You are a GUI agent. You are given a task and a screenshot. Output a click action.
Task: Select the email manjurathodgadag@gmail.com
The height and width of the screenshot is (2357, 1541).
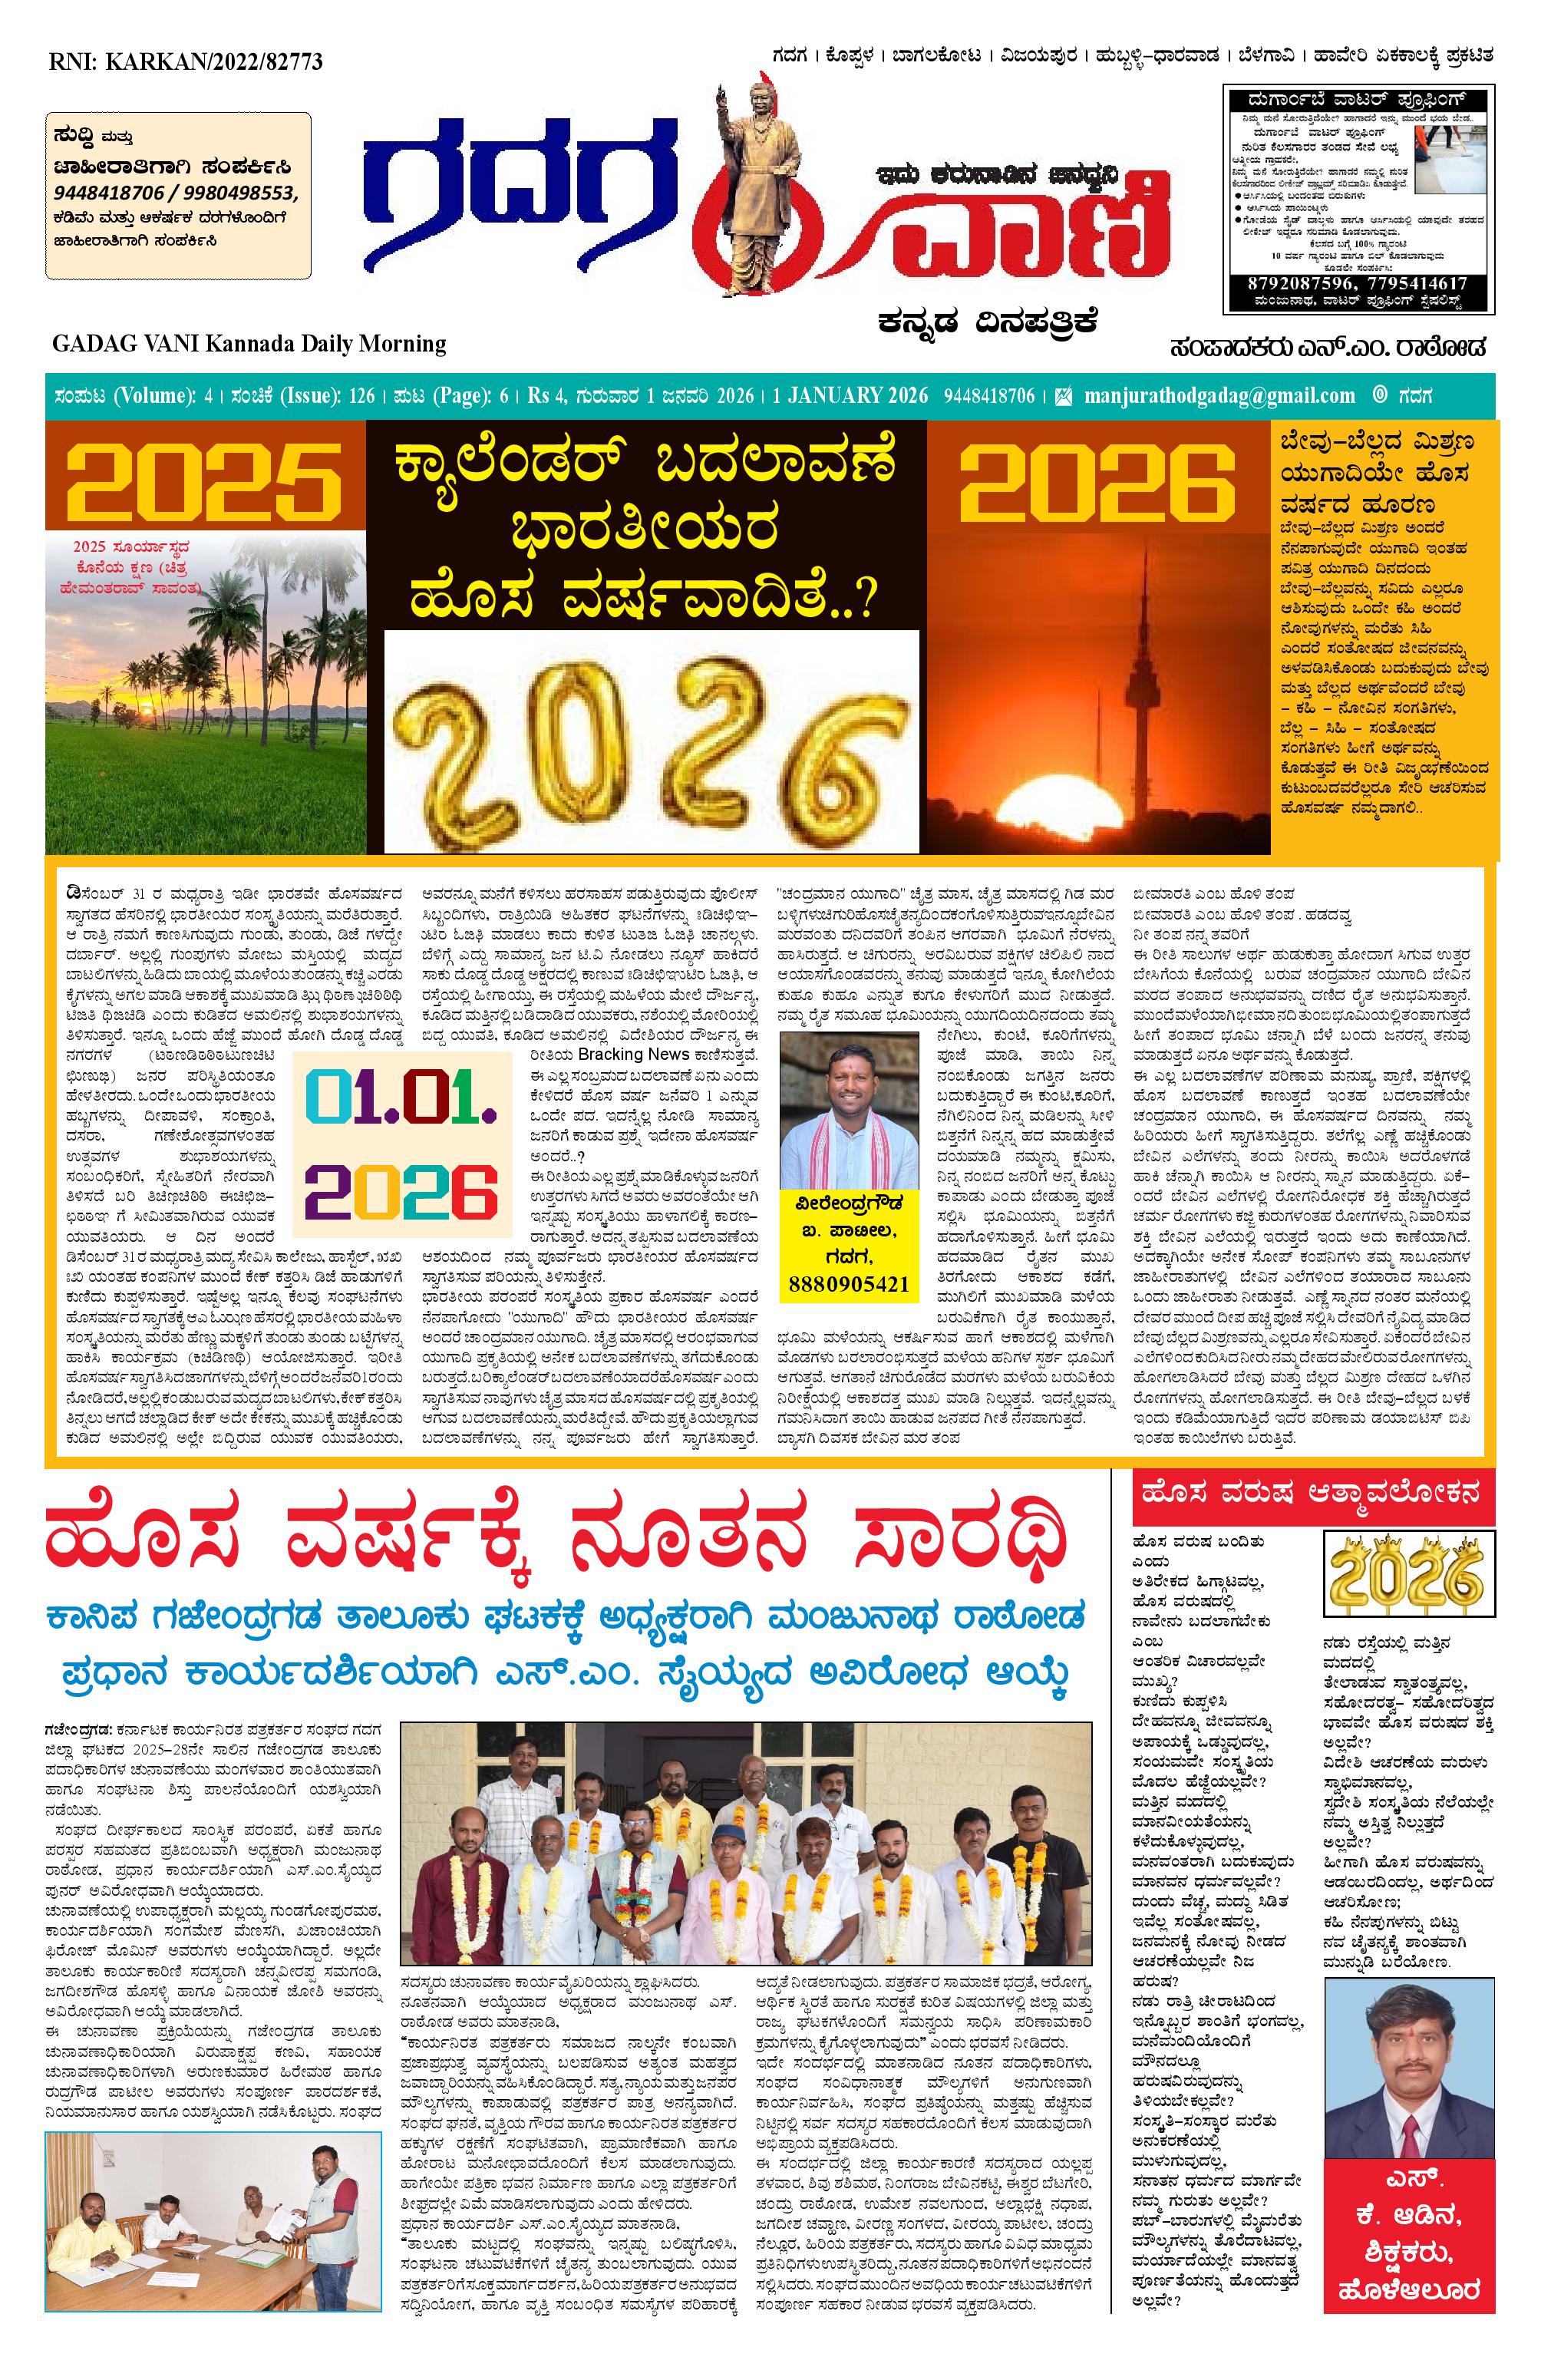1219,396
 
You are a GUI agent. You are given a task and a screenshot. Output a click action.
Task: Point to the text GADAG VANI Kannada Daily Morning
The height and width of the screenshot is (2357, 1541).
249,344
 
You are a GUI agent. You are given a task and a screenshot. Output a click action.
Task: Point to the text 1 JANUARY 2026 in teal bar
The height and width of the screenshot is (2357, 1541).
851,396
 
